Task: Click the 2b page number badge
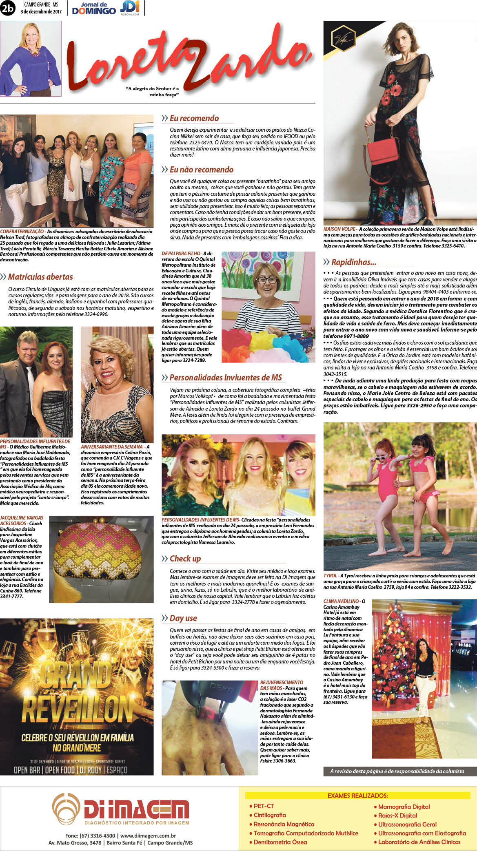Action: pyautogui.click(x=8, y=8)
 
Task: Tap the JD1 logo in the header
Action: pyautogui.click(x=130, y=7)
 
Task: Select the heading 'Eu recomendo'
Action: pyautogui.click(x=194, y=118)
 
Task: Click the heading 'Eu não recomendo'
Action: pyautogui.click(x=202, y=170)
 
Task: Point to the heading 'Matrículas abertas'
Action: pyautogui.click(x=40, y=277)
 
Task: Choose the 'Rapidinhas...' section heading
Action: pyautogui.click(x=353, y=262)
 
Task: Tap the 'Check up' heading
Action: pyautogui.click(x=185, y=559)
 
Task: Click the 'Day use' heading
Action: pyautogui.click(x=183, y=618)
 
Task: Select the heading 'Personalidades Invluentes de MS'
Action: pyautogui.click(x=226, y=378)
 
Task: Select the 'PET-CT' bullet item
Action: pyautogui.click(x=264, y=806)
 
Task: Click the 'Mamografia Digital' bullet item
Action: pyautogui.click(x=404, y=807)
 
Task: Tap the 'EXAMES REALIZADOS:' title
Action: pyautogui.click(x=357, y=796)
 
